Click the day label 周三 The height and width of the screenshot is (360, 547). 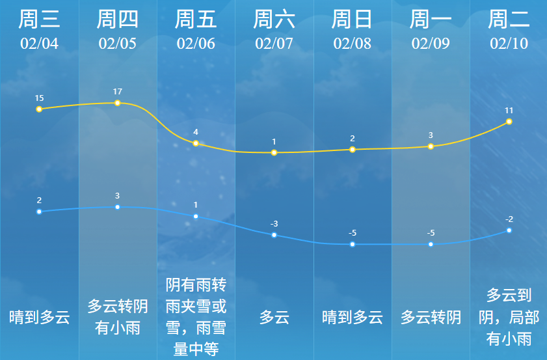[39, 20]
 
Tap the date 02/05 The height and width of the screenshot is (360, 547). [117, 44]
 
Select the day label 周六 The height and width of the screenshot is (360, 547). [274, 20]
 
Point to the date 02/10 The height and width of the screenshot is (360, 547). [509, 44]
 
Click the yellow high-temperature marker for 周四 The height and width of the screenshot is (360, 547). [117, 103]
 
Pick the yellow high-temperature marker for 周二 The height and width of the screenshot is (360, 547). [509, 122]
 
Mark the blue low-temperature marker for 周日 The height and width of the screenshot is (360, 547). [353, 244]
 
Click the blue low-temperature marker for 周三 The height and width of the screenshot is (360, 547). [39, 212]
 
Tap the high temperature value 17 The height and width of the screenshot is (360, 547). [117, 91]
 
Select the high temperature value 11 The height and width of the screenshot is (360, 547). [509, 110]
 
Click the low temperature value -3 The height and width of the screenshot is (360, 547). [274, 224]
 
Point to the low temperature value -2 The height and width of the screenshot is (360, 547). [509, 219]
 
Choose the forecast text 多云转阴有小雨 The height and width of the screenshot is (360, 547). [117, 316]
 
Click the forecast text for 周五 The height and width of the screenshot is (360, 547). [196, 316]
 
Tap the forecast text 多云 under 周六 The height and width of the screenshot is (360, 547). [274, 318]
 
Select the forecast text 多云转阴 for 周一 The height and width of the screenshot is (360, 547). [431, 318]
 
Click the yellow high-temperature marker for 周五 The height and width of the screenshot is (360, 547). [196, 143]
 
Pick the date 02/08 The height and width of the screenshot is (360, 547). [353, 44]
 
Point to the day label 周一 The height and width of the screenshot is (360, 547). [431, 20]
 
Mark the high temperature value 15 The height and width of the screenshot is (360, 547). [39, 98]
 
